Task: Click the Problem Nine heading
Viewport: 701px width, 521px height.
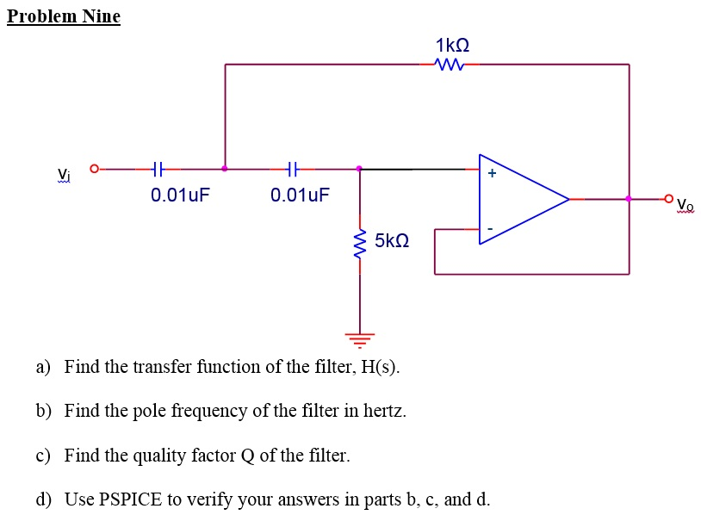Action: pyautogui.click(x=64, y=16)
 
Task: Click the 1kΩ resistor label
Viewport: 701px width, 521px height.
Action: pyautogui.click(x=453, y=44)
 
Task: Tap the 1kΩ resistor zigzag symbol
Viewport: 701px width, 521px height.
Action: pyautogui.click(x=451, y=64)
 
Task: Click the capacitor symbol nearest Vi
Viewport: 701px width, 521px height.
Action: pyautogui.click(x=157, y=169)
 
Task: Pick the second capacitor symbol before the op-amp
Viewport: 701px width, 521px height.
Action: pyautogui.click(x=292, y=169)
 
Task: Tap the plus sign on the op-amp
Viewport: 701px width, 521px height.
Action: pyautogui.click(x=492, y=173)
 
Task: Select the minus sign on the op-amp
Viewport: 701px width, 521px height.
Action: pyautogui.click(x=491, y=229)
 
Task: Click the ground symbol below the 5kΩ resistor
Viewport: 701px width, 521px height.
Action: pyautogui.click(x=360, y=337)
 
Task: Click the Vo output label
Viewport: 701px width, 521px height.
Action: pyautogui.click(x=685, y=205)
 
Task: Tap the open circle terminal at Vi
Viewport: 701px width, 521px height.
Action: pyautogui.click(x=95, y=169)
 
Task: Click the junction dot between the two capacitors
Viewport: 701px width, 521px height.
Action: pyautogui.click(x=225, y=169)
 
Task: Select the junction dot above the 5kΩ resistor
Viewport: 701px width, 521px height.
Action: pyautogui.click(x=360, y=169)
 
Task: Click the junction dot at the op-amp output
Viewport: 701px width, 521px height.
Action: pyautogui.click(x=629, y=199)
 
